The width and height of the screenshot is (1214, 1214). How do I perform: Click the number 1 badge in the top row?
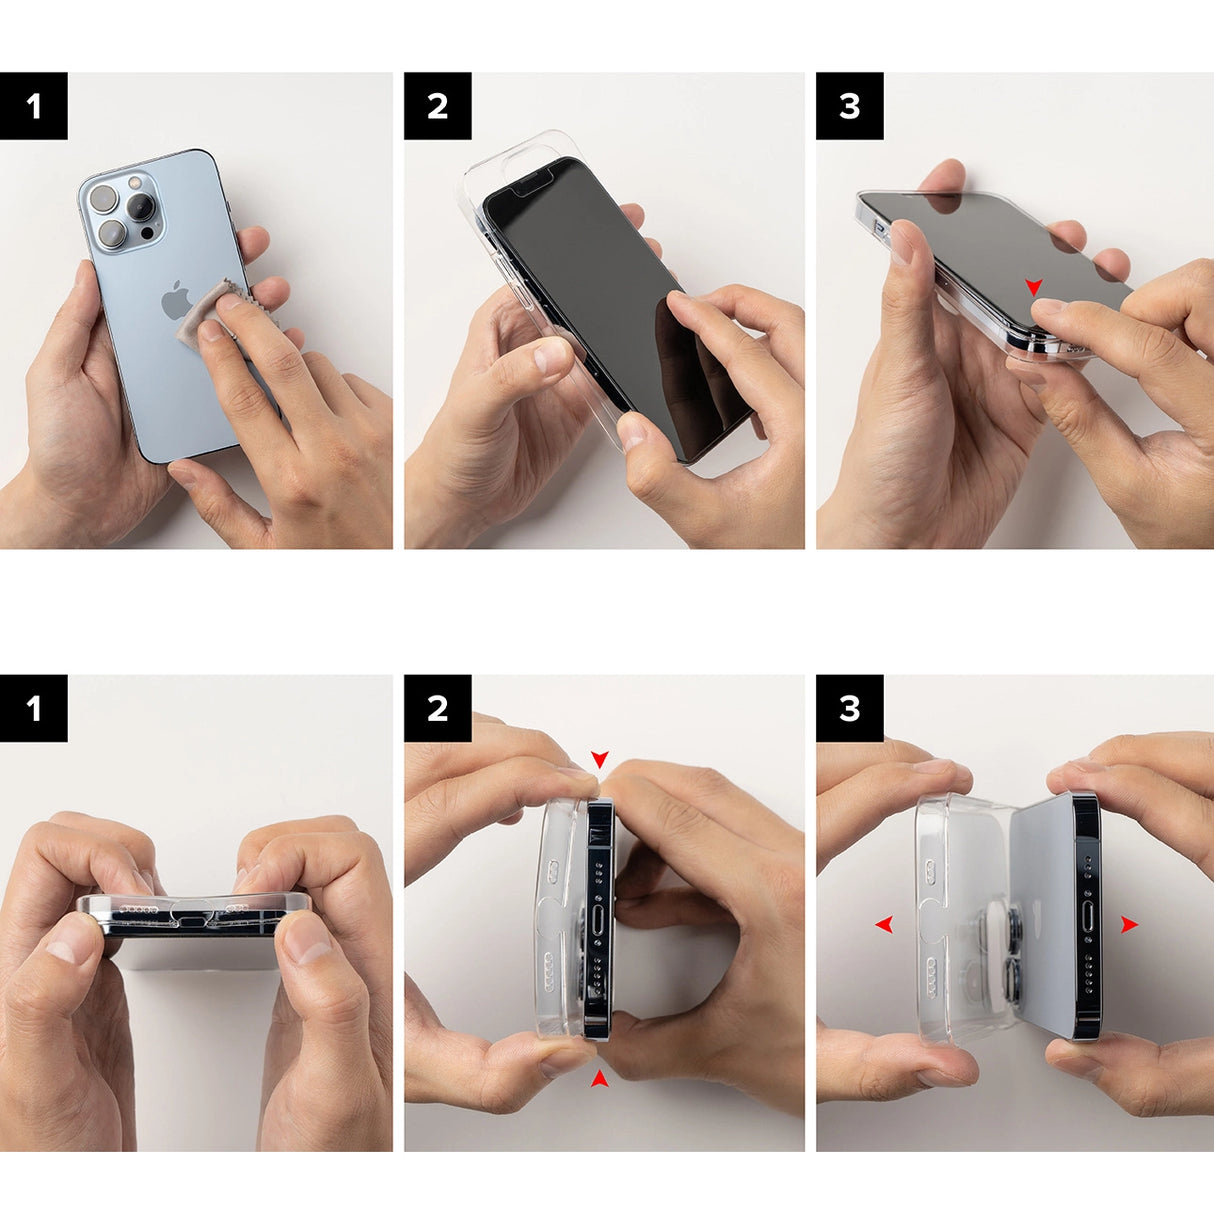point(34,106)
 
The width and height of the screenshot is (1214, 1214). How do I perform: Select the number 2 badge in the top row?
point(437,106)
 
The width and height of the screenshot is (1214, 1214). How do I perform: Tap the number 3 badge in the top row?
point(849,106)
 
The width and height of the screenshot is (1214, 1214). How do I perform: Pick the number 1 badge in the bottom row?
point(34,708)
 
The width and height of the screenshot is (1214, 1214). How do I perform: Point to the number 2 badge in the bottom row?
point(437,708)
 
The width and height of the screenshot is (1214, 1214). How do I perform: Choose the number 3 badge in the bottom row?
point(849,708)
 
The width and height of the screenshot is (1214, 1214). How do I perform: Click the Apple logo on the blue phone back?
point(176,300)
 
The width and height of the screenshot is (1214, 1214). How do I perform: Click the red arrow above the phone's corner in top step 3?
point(1034,287)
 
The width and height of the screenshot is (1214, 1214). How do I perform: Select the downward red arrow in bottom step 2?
point(599,760)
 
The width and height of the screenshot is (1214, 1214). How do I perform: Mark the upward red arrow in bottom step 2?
point(599,1077)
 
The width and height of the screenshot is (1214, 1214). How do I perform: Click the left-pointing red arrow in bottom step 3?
point(883,924)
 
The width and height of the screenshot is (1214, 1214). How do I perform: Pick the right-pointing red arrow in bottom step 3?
point(1129,925)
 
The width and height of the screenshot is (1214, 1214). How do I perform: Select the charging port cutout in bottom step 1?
point(193,916)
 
